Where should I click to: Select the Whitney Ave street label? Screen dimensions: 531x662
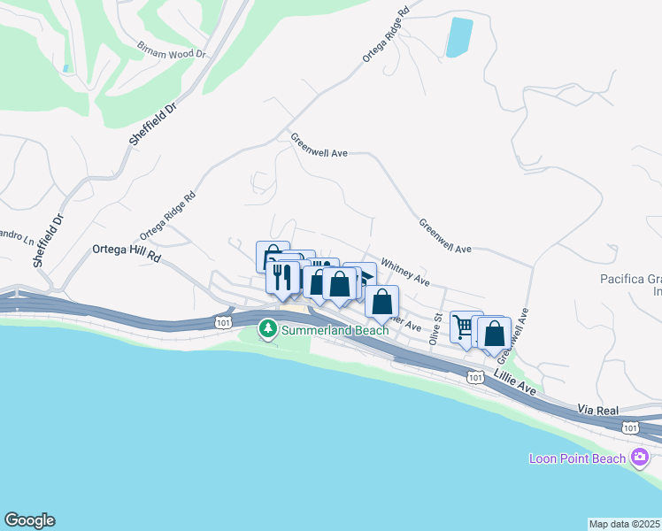404,272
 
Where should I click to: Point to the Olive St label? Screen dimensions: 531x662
435,327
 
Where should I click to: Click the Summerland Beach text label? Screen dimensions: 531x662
335,330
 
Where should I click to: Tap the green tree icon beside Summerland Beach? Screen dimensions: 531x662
267,329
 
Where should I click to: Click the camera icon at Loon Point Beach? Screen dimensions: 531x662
640,458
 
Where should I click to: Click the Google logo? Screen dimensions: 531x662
29,520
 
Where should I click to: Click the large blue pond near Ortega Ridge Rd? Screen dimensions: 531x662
459,37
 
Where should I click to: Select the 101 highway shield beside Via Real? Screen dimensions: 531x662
628,427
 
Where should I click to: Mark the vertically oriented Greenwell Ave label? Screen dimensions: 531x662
516,335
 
